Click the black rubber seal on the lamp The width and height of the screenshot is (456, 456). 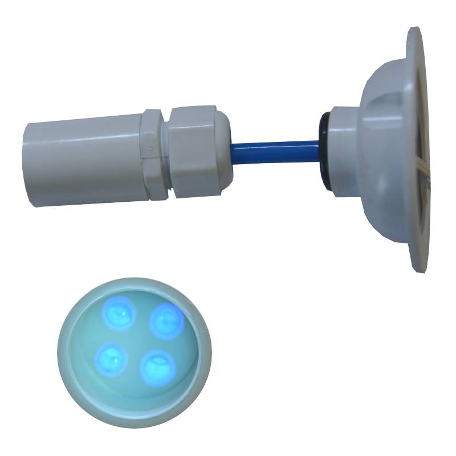click(x=324, y=149)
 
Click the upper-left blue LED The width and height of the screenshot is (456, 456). click(x=119, y=312)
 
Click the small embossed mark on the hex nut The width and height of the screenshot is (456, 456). click(x=149, y=151)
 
